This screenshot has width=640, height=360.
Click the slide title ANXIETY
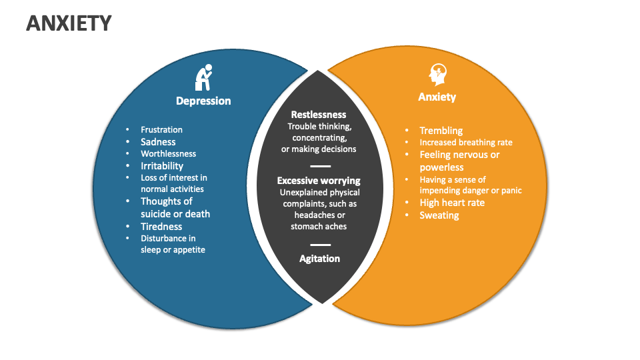coord(69,24)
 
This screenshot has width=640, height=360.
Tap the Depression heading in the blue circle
coord(203,101)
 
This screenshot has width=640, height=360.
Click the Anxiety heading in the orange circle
coord(437,97)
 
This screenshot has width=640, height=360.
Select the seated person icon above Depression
coord(203,77)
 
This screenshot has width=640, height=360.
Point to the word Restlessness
coord(319,115)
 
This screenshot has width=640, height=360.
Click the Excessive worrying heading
coord(319,181)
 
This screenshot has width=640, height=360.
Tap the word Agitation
coord(319,259)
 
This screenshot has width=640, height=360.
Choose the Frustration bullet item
coord(161,130)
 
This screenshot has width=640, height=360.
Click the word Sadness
coord(158,142)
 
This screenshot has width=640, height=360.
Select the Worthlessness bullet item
coord(168,154)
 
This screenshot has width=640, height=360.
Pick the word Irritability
coord(161,166)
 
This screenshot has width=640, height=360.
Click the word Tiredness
coord(161,227)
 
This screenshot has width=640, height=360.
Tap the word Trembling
coord(441,131)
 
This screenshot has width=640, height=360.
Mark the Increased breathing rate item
coord(465,143)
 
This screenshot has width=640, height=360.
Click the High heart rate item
coord(452,203)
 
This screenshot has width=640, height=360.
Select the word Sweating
coord(439,215)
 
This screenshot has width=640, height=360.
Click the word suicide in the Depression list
coord(156,214)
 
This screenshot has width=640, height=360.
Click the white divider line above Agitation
coord(320,245)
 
